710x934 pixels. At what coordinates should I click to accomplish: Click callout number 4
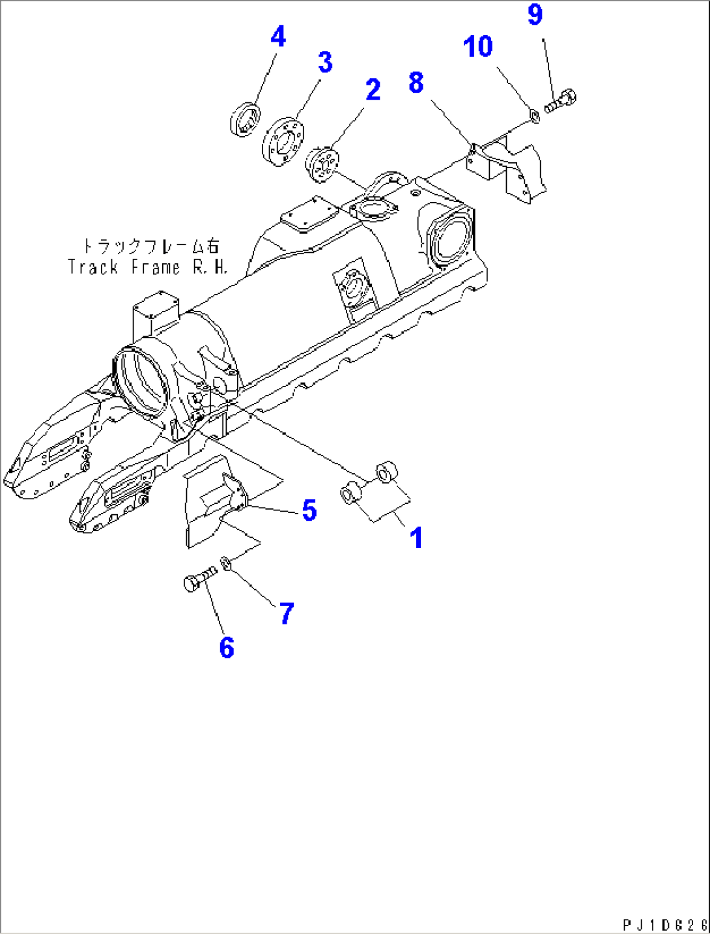coord(278,37)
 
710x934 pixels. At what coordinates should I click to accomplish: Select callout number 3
coord(325,63)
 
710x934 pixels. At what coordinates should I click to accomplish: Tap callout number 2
coord(373,90)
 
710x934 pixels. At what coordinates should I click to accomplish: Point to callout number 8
coord(416,83)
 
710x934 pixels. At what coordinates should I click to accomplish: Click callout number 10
coord(478,47)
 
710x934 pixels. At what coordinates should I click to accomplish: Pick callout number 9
coord(535,14)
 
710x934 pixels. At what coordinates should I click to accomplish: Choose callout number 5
coord(309,510)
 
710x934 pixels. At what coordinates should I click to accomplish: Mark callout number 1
coord(416,538)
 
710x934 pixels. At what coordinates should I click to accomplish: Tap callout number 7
coord(287,613)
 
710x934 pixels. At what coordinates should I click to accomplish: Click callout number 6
coord(226,648)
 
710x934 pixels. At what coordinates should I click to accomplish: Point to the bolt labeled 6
coord(198,579)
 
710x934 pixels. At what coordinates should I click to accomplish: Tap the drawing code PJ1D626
coord(664,925)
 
